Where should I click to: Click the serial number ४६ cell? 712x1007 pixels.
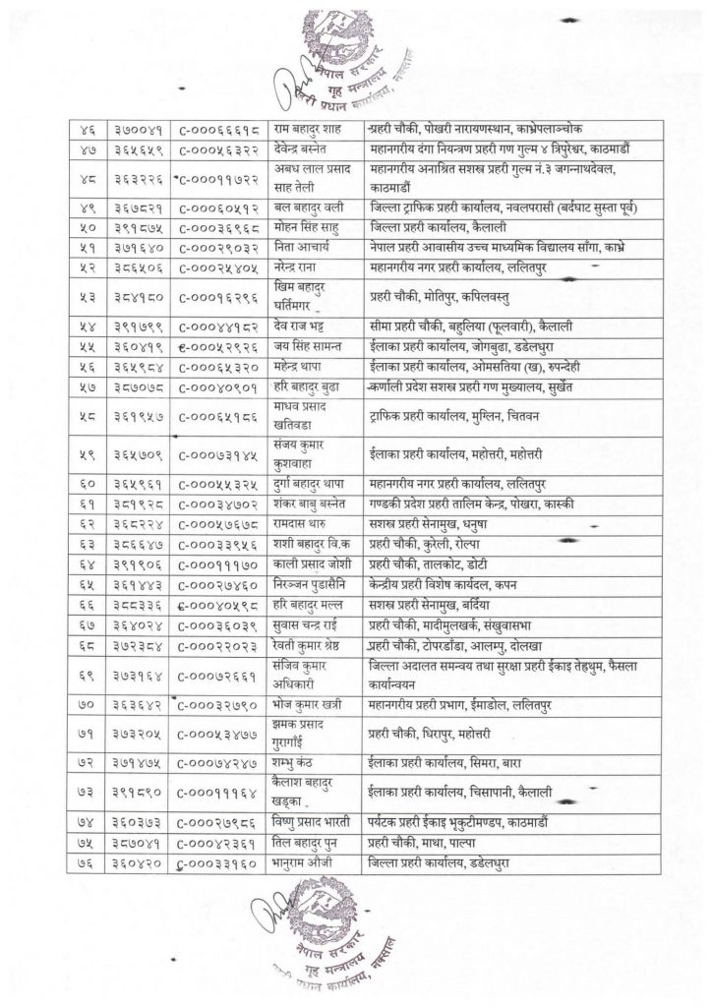point(80,129)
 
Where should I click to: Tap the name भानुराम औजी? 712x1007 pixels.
point(299,863)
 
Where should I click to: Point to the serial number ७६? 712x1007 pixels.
point(80,863)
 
